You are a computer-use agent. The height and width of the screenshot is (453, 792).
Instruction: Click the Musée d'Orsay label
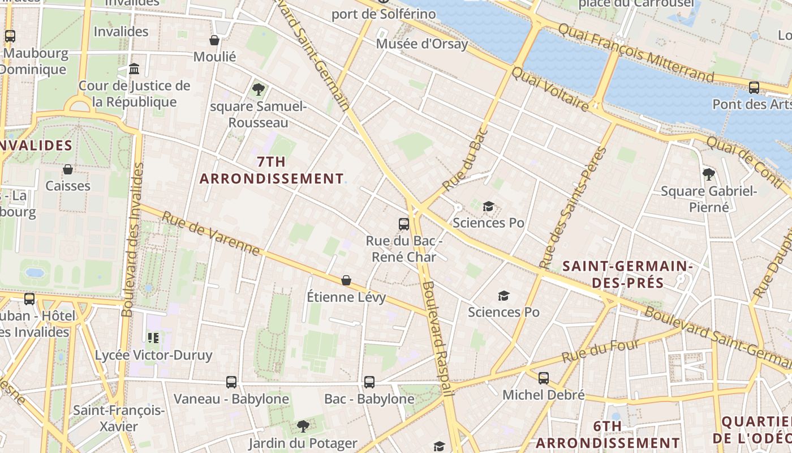[x=423, y=44]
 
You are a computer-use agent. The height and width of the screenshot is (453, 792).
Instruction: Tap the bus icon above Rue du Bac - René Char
[x=403, y=224]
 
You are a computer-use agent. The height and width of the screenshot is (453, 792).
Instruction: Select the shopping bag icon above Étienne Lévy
[x=346, y=280]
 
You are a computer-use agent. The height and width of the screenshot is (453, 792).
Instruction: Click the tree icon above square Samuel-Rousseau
[x=259, y=89]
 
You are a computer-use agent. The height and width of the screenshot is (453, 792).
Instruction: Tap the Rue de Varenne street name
[x=210, y=233]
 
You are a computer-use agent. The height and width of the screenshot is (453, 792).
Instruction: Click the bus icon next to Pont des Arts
[x=754, y=88]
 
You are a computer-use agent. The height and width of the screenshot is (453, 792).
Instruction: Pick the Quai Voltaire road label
[x=550, y=88]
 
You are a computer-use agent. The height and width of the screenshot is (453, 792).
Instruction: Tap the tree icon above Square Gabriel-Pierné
[x=708, y=174]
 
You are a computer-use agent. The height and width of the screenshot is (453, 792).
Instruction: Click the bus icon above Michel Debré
[x=544, y=378]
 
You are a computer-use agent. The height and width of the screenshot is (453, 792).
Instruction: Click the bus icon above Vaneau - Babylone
[x=231, y=382]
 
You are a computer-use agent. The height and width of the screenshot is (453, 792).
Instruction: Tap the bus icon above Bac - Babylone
[x=369, y=382]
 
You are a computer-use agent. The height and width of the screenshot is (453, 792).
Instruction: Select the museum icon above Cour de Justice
[x=134, y=69]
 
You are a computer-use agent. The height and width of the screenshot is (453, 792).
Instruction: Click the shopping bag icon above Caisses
[x=68, y=169]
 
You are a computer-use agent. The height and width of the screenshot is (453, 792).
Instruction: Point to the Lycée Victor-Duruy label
[x=153, y=355]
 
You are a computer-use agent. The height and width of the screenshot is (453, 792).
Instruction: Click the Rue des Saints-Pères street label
[x=573, y=208]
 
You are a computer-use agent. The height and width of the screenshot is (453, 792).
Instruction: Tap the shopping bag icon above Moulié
[x=214, y=40]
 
